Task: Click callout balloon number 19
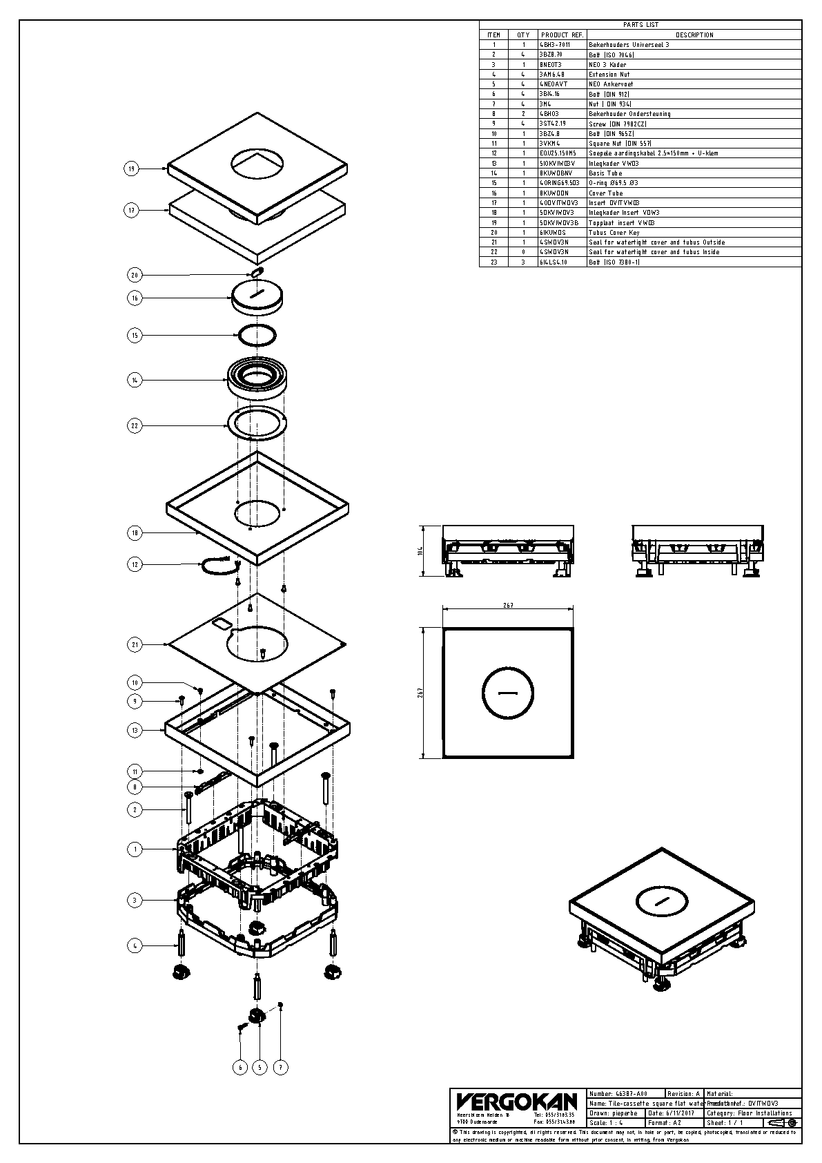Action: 132,168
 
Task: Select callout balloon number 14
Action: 135,379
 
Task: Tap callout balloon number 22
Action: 135,425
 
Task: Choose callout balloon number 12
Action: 135,564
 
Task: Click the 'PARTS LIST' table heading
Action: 640,25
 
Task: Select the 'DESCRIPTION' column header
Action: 694,35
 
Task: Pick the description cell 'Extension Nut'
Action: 609,74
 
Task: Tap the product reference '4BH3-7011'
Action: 555,44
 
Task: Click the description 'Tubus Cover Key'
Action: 614,233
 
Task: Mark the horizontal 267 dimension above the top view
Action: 508,606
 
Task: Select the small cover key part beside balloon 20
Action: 257,272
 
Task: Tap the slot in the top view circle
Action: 508,691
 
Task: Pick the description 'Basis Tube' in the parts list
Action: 605,173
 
